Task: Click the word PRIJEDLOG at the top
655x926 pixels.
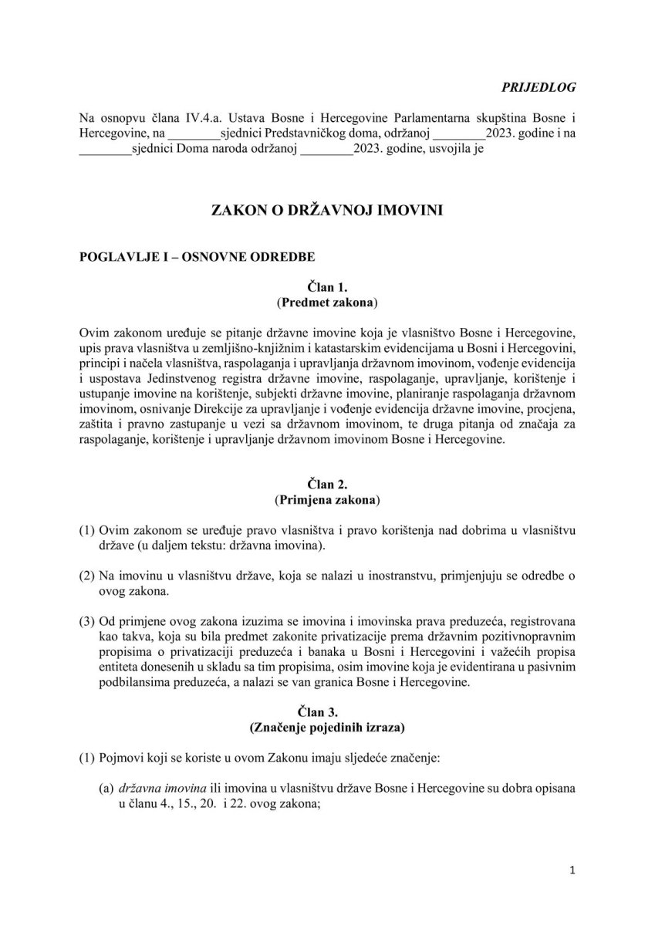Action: point(544,86)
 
